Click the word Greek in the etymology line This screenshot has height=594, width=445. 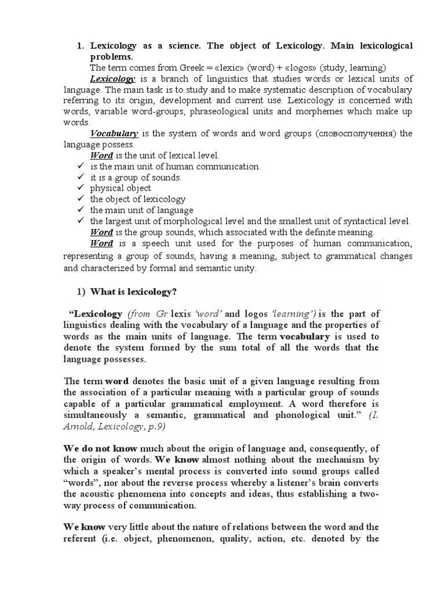pos(187,68)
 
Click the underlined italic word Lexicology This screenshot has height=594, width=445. pos(112,79)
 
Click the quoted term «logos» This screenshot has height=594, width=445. pos(289,68)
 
